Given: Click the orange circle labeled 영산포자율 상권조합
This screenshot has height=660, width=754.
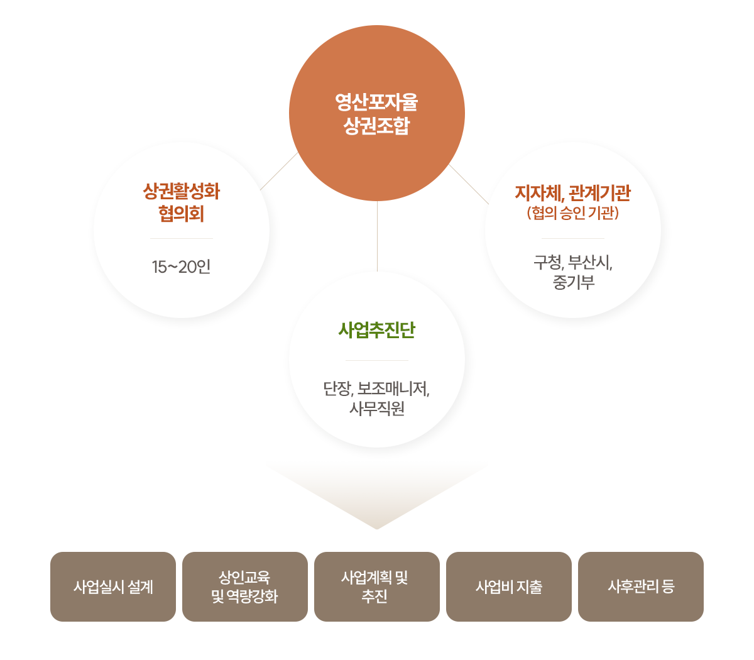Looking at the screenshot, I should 377,114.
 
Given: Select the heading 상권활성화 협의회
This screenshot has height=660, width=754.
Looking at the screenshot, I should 182,202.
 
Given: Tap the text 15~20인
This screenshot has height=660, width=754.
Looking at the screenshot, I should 181,267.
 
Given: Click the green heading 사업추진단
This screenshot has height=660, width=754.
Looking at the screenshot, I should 377,330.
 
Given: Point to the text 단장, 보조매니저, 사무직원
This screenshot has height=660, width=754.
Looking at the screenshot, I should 377,399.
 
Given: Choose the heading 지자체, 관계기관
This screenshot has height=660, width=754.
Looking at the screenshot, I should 572,193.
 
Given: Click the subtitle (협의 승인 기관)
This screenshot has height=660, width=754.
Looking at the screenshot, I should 573,214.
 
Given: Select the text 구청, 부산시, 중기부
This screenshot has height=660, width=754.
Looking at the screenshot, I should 573,272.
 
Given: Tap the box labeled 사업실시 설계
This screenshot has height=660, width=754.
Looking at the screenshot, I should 113,587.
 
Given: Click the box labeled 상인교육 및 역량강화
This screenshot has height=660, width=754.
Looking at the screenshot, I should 244,587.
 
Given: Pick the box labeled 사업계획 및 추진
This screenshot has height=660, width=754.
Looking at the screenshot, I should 376,587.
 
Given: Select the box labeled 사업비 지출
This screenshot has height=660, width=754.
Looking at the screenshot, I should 508,587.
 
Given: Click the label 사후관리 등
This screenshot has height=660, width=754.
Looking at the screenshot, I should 641,587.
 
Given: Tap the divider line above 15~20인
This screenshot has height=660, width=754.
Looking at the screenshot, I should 181,239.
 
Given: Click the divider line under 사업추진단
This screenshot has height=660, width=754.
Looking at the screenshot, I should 377,361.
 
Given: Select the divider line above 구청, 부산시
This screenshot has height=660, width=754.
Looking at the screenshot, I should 573,239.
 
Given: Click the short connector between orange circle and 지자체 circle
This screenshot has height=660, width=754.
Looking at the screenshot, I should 455,171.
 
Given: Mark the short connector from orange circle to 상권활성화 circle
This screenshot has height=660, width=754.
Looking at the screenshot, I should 264,187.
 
